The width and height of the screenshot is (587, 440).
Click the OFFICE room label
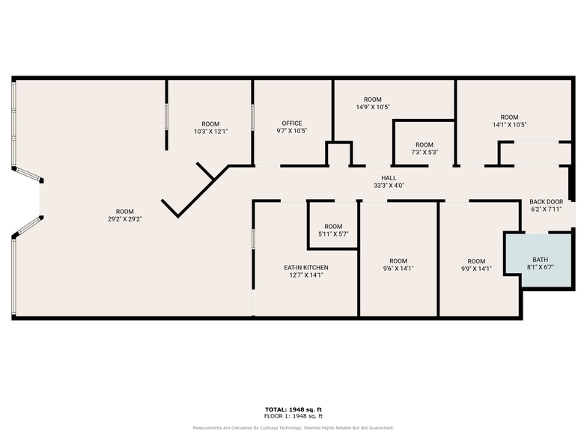click(x=291, y=123)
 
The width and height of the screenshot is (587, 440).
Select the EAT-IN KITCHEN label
click(x=305, y=267)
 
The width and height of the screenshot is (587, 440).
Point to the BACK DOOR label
click(x=546, y=202)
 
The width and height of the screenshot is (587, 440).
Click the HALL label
click(x=389, y=177)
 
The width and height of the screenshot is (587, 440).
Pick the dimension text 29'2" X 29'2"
click(x=125, y=219)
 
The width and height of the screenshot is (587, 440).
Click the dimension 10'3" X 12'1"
click(x=210, y=132)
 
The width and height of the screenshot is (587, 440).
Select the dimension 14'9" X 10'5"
click(x=373, y=107)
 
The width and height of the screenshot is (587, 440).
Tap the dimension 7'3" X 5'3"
click(x=424, y=153)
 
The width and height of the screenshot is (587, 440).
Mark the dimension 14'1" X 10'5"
click(x=509, y=125)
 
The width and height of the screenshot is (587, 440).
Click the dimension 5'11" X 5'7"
click(x=332, y=234)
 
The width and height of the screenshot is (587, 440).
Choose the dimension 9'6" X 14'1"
click(x=398, y=269)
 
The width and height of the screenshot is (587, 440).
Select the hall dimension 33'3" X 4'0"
click(x=389, y=186)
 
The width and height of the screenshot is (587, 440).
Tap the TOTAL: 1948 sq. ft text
click(x=293, y=409)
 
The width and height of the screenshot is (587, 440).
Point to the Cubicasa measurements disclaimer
click(x=293, y=428)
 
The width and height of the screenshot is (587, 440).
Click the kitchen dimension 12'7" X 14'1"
click(x=305, y=275)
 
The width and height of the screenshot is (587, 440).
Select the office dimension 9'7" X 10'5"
click(x=291, y=131)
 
